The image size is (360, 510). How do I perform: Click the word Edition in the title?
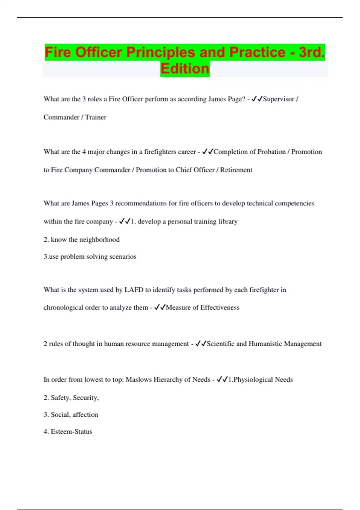coord(185,69)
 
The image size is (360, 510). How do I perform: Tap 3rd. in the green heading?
coord(312,52)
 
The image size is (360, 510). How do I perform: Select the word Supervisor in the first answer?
coord(278,99)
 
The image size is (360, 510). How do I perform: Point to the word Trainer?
coord(96,117)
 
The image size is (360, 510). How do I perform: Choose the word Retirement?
coord(236,170)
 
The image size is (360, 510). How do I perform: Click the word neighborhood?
coord(99,240)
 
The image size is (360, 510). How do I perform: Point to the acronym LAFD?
coord(134,290)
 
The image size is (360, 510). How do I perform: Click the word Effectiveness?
coord(220,307)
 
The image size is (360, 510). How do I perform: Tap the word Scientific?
coord(220,344)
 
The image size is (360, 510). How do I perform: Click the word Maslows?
coord(139,379)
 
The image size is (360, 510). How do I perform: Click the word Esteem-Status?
coord(71,432)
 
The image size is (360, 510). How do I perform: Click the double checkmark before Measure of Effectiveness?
coord(160,307)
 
